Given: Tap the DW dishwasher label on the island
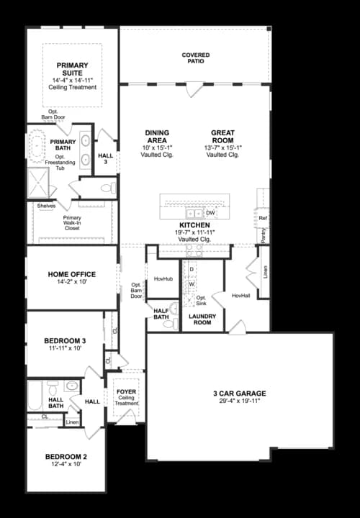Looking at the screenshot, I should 210,213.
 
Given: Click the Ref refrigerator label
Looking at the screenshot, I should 263,218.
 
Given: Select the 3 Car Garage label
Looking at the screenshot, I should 239,394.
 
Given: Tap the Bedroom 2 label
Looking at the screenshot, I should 66,457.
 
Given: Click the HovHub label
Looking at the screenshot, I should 163,278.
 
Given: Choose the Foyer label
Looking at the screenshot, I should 126,392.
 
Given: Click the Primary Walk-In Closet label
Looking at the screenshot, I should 72,222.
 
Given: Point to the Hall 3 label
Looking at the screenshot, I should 106,159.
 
